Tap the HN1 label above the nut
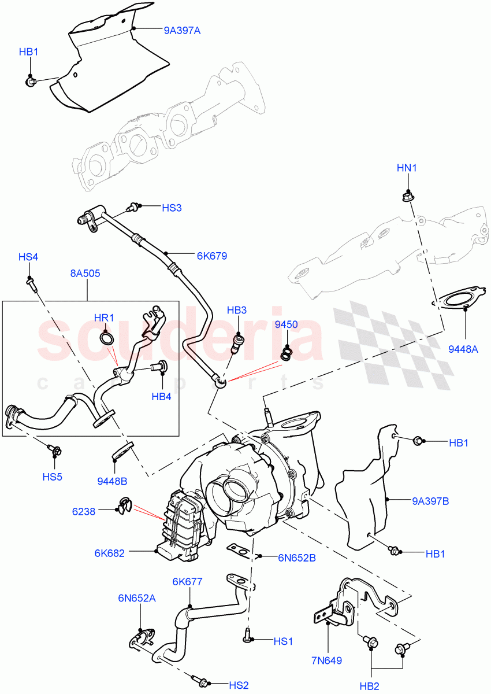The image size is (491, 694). point(407,168)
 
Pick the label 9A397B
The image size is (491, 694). point(430,501)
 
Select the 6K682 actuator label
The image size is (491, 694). point(110,552)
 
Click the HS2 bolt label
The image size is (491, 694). point(238,685)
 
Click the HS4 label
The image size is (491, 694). point(28,257)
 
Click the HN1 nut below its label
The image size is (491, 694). point(407,196)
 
